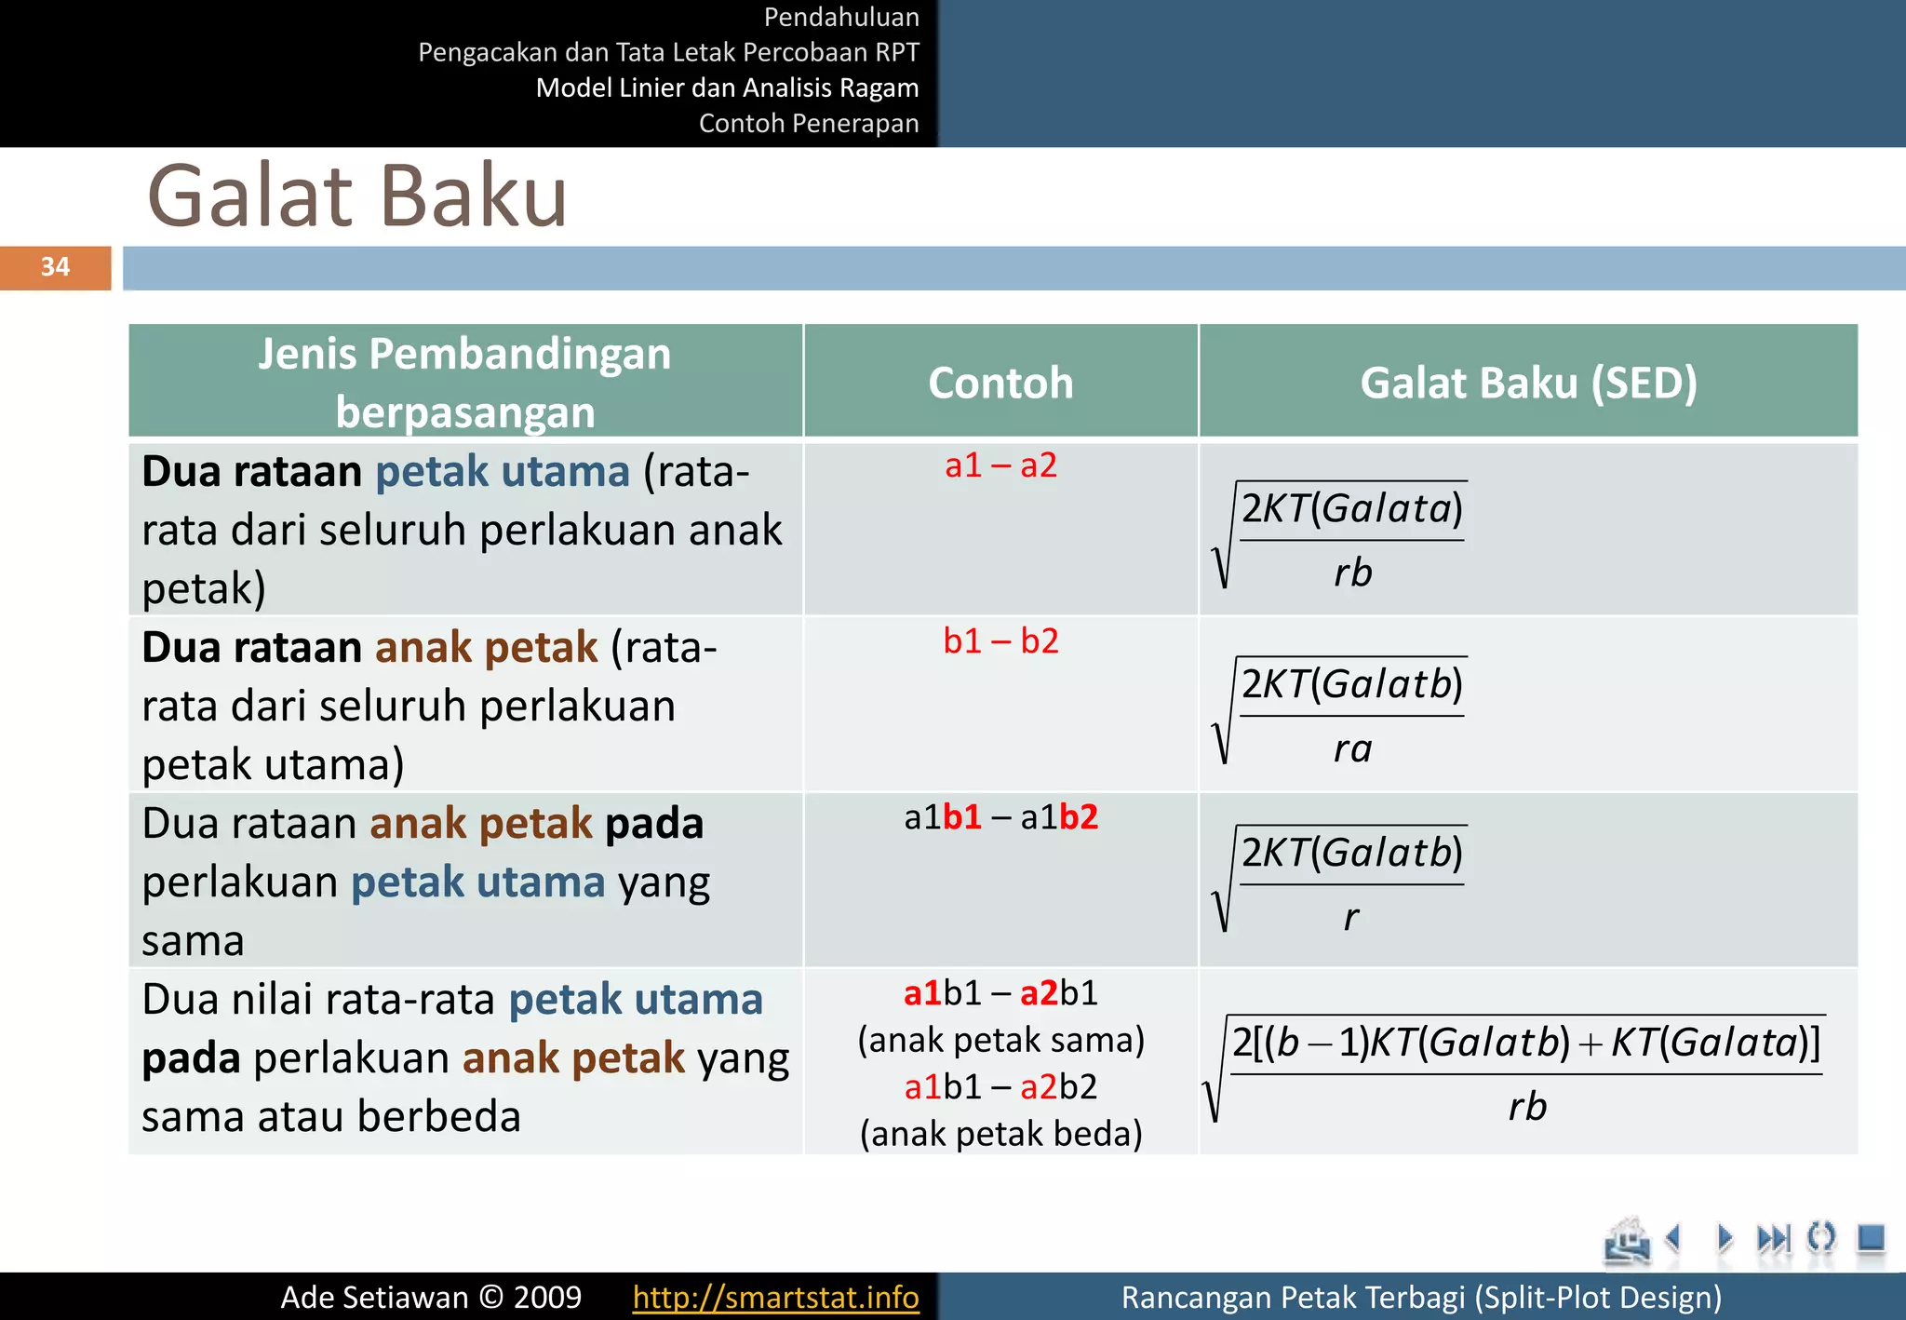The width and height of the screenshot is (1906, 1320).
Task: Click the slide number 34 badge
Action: [55, 267]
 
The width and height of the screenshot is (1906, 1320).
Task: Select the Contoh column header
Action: [1000, 383]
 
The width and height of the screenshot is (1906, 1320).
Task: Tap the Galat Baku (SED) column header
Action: [1528, 383]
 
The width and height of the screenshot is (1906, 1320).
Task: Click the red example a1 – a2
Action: [1000, 465]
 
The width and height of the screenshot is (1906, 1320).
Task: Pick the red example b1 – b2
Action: [1000, 640]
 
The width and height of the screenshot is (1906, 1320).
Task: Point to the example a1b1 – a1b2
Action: [1000, 816]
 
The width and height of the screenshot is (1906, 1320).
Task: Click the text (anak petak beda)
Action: [1000, 1133]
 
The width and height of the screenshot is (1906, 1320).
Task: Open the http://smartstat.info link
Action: [775, 1297]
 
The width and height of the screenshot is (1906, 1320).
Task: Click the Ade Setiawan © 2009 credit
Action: [431, 1297]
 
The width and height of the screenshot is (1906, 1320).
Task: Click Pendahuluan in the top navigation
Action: [840, 17]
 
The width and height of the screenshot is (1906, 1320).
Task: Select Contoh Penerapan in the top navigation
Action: [808, 123]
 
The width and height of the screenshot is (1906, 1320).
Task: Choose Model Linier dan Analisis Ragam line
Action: [727, 88]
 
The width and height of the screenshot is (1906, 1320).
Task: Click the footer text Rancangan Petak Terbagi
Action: [1420, 1297]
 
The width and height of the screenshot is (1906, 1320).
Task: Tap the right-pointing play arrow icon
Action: [1725, 1238]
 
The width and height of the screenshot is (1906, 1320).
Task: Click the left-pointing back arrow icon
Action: [1673, 1238]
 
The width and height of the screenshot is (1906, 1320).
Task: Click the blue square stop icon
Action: [1871, 1238]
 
